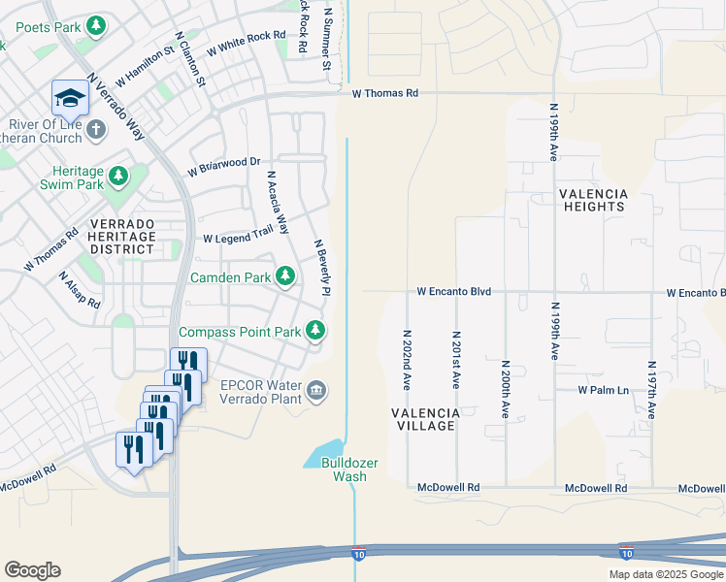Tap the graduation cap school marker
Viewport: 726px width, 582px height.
coord(70,98)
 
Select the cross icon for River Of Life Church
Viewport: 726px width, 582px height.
coord(95,129)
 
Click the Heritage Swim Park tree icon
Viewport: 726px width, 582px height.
coord(117,176)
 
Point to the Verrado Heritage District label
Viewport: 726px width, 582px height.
coord(121,236)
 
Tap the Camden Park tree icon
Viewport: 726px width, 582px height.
coord(285,277)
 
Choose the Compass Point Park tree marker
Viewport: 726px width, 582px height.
coord(315,331)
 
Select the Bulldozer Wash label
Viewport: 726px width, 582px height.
coord(344,469)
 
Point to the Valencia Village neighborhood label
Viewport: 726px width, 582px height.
coord(423,419)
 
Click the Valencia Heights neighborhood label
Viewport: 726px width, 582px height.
coord(593,200)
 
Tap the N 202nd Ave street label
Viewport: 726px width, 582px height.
coord(407,359)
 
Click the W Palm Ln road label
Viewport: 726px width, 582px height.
coord(604,390)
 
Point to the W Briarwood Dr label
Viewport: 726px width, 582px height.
coord(224,167)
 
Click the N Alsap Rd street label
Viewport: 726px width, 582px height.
coord(79,289)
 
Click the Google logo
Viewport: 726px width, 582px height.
coord(32,570)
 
